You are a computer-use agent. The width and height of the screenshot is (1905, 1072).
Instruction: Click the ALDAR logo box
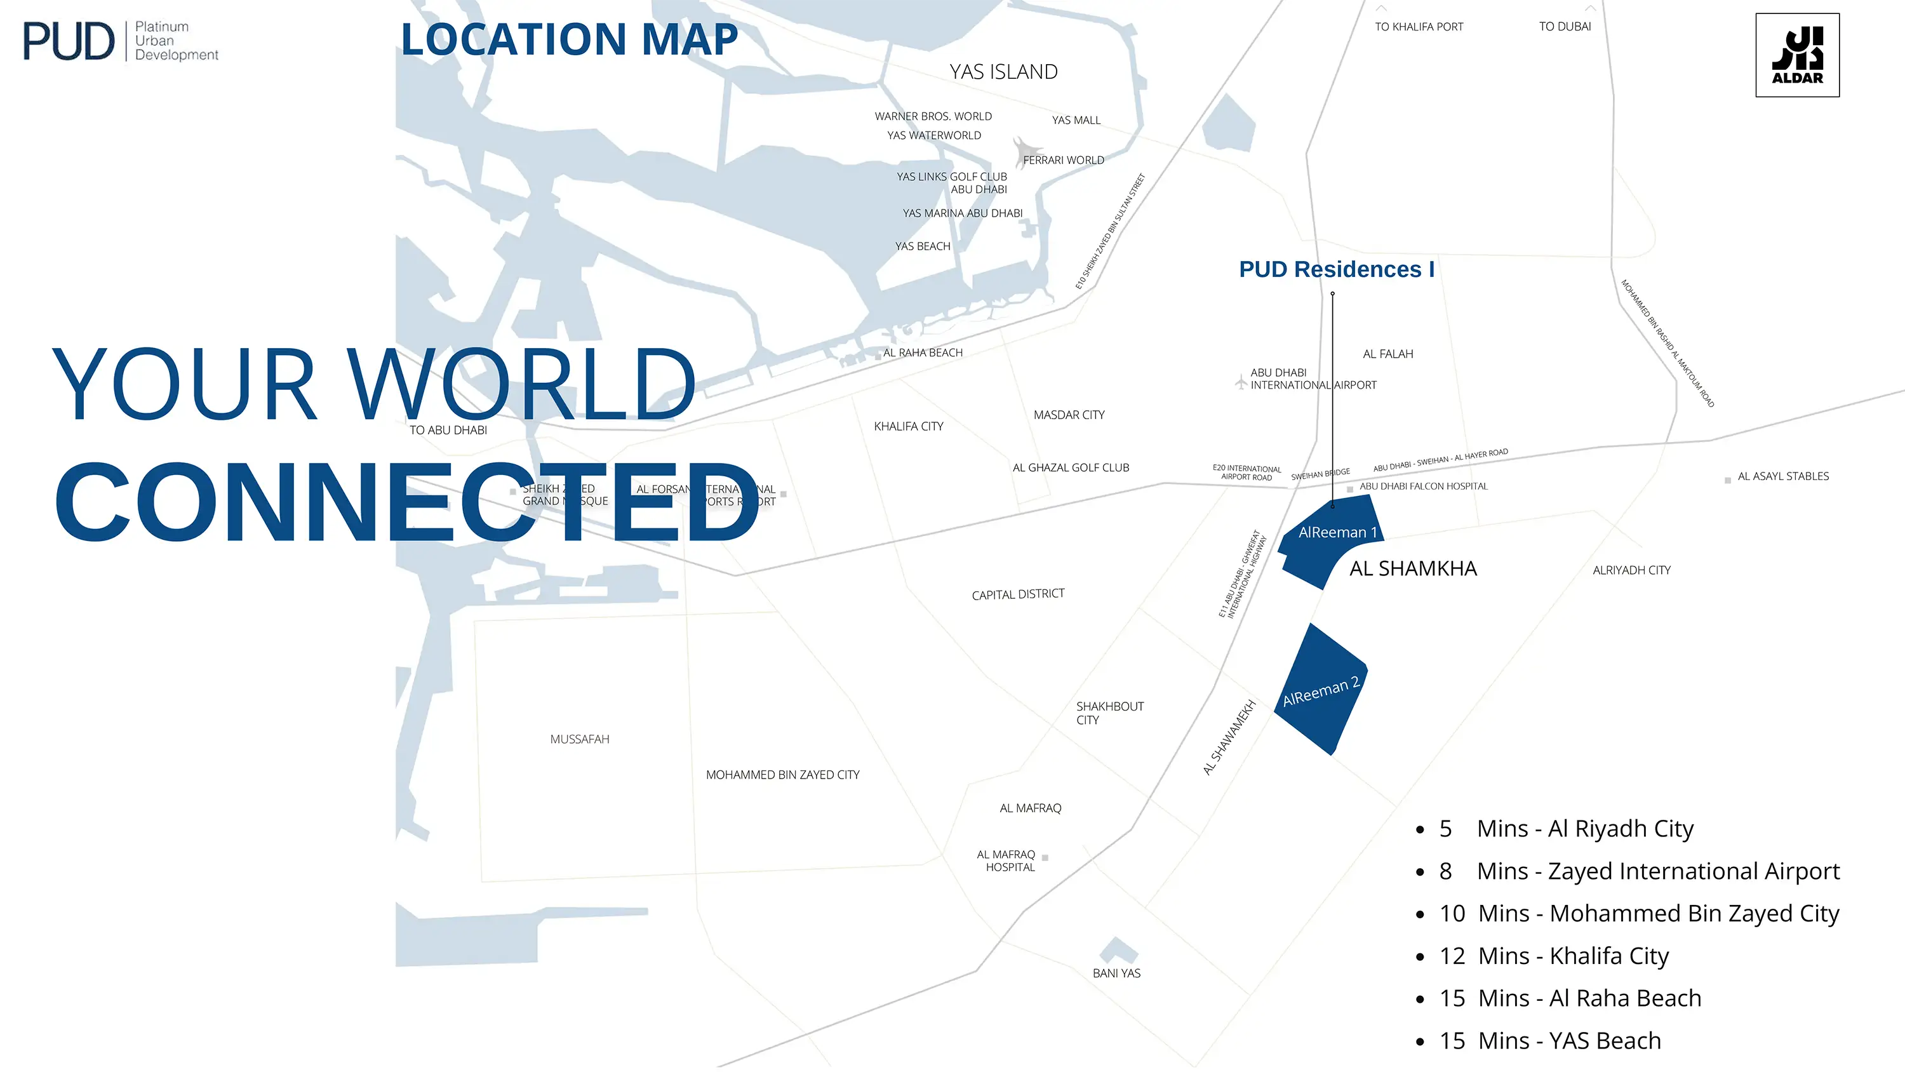pos(1797,55)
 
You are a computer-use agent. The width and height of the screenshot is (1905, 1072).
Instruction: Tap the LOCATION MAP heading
pos(569,39)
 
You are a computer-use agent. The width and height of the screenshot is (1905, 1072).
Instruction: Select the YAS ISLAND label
pos(1003,72)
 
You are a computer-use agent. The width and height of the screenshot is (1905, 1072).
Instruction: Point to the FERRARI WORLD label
pos(1063,161)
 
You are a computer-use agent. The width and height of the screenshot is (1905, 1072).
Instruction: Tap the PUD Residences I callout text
pos(1336,269)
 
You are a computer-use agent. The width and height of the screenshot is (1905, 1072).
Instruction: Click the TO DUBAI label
pos(1565,27)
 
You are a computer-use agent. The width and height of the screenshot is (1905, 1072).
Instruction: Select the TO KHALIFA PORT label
pos(1419,27)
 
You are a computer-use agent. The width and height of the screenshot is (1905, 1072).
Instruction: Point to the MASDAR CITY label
pos(1069,415)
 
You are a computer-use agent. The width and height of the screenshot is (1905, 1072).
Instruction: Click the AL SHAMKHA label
pos(1412,568)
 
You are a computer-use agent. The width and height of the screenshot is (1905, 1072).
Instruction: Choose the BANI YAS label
pos(1116,973)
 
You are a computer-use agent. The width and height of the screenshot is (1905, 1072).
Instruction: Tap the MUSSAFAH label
pos(579,739)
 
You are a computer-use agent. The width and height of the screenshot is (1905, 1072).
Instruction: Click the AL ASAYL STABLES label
pos(1782,476)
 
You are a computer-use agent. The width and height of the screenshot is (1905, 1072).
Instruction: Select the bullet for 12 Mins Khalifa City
pos(1420,957)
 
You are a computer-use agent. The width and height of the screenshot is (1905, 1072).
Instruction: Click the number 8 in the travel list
pos(1445,871)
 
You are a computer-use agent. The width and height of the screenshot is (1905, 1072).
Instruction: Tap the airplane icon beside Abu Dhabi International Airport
pos(1241,382)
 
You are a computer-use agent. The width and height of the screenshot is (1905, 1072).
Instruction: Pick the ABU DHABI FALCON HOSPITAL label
pos(1423,486)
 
